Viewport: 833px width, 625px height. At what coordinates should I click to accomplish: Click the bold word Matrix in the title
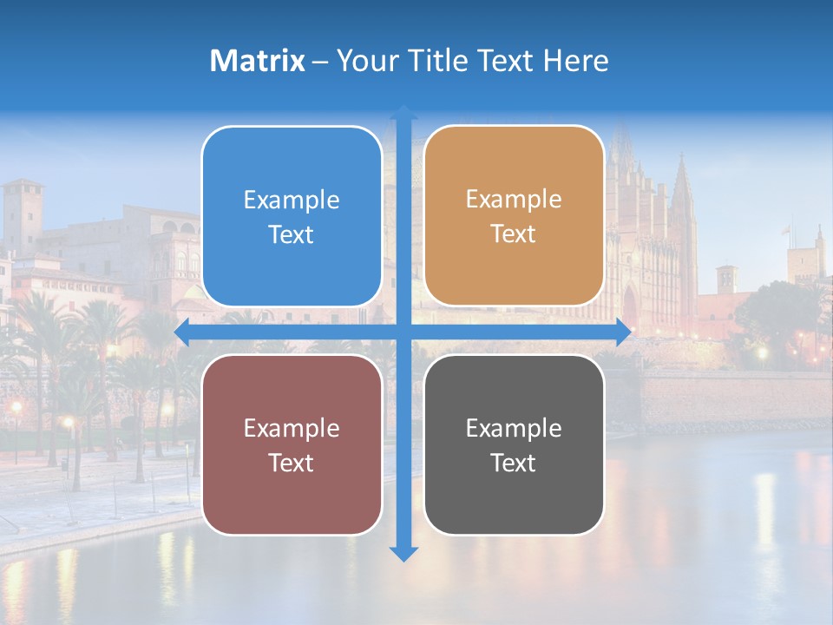point(257,61)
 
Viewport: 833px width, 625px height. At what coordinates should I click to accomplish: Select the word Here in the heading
point(575,61)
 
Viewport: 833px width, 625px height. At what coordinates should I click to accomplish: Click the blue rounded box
point(292,217)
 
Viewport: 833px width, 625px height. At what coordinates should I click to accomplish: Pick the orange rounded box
point(514,216)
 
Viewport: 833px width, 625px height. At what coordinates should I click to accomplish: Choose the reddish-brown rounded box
point(292,444)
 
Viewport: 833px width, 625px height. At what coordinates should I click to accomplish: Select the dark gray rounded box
point(514,444)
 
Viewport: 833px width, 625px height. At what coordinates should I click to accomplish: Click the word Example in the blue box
point(292,201)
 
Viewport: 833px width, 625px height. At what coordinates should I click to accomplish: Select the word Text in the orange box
point(514,234)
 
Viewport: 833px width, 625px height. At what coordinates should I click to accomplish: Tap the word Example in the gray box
point(514,428)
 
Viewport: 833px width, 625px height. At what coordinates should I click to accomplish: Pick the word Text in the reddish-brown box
point(292,463)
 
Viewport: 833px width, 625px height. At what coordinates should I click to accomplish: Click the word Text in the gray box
point(514,463)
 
